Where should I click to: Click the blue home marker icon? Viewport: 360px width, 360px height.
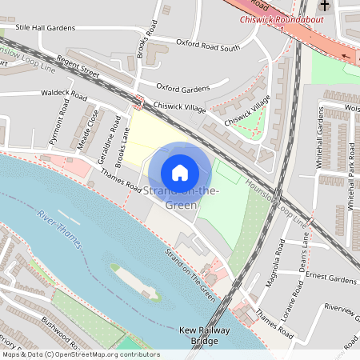[x=180, y=172]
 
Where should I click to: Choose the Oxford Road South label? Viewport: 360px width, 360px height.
[x=207, y=45]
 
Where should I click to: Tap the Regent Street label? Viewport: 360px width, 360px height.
[x=99, y=73]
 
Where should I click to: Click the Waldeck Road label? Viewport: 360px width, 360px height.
[x=63, y=94]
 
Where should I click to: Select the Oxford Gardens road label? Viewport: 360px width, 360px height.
[x=182, y=87]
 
